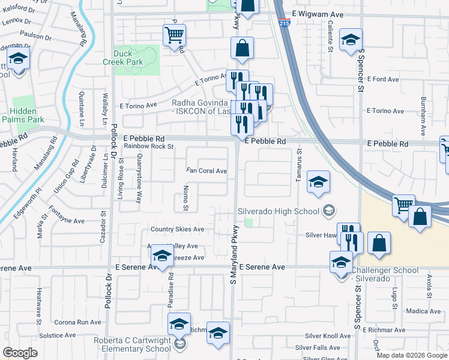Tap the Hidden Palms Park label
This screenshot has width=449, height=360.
pyautogui.click(x=28, y=115)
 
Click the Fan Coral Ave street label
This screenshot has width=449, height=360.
pyautogui.click(x=206, y=171)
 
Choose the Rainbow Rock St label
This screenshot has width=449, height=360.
pyautogui.click(x=148, y=146)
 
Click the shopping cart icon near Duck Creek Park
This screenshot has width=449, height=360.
pyautogui.click(x=174, y=35)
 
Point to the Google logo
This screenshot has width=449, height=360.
pyautogui.click(x=20, y=353)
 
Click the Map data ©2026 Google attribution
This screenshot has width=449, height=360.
pyautogui.click(x=411, y=355)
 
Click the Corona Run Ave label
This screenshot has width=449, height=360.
pyautogui.click(x=77, y=322)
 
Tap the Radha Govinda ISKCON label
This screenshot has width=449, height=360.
pyautogui.click(x=202, y=107)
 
